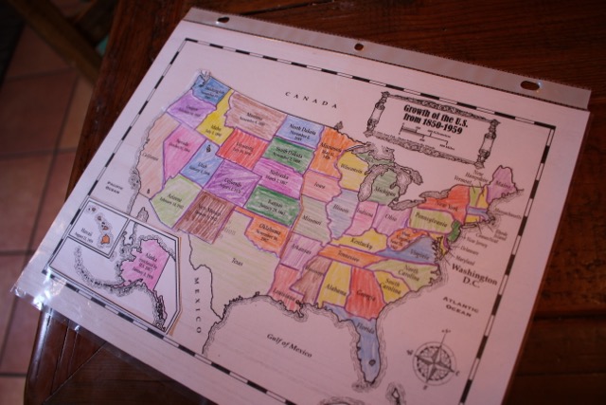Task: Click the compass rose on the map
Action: tap(435, 362)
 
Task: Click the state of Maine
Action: tap(500, 182)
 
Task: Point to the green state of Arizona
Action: tap(174, 198)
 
